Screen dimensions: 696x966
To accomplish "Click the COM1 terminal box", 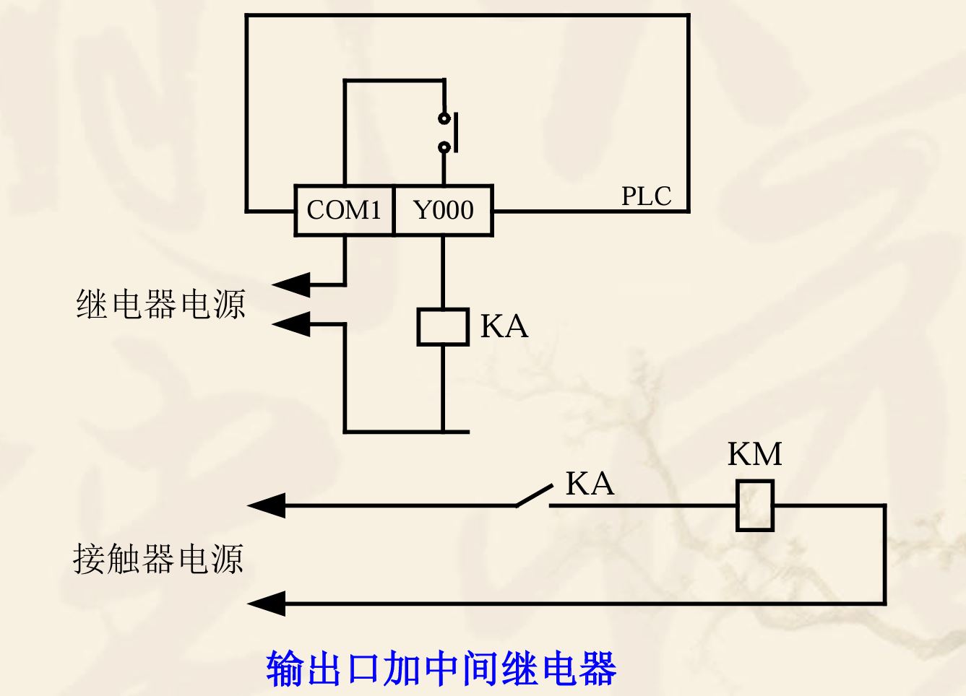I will (344, 211).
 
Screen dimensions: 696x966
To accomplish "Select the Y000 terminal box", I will (443, 211).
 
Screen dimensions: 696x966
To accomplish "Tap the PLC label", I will (646, 196).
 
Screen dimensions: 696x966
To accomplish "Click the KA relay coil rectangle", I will (443, 327).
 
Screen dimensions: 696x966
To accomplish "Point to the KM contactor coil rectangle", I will (754, 505).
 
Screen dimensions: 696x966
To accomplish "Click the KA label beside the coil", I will (504, 326).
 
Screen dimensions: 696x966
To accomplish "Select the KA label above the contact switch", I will (590, 484).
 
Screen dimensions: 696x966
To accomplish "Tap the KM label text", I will (754, 454).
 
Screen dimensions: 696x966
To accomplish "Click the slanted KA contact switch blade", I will (535, 496).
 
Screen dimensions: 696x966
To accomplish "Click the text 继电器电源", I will (160, 304).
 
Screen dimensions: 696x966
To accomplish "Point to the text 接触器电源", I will (158, 559).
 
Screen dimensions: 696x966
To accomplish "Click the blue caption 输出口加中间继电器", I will (441, 668).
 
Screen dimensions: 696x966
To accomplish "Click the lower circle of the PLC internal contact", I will (444, 147).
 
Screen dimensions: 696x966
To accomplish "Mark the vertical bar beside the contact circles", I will (457, 132).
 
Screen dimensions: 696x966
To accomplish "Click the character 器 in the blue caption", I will (597, 668).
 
